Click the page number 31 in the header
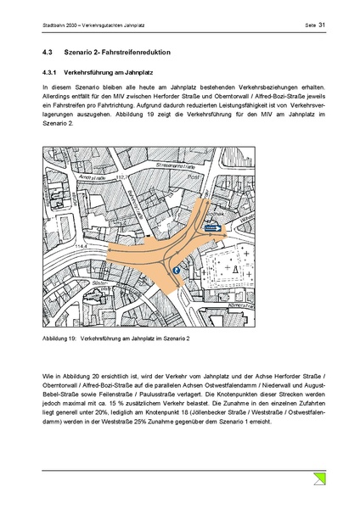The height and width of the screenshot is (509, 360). point(323,25)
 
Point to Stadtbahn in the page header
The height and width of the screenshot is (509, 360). point(55,25)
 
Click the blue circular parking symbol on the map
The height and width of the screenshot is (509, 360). point(177,270)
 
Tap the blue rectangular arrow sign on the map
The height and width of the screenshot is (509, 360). point(212,227)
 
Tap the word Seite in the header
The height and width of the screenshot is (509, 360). point(310,25)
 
